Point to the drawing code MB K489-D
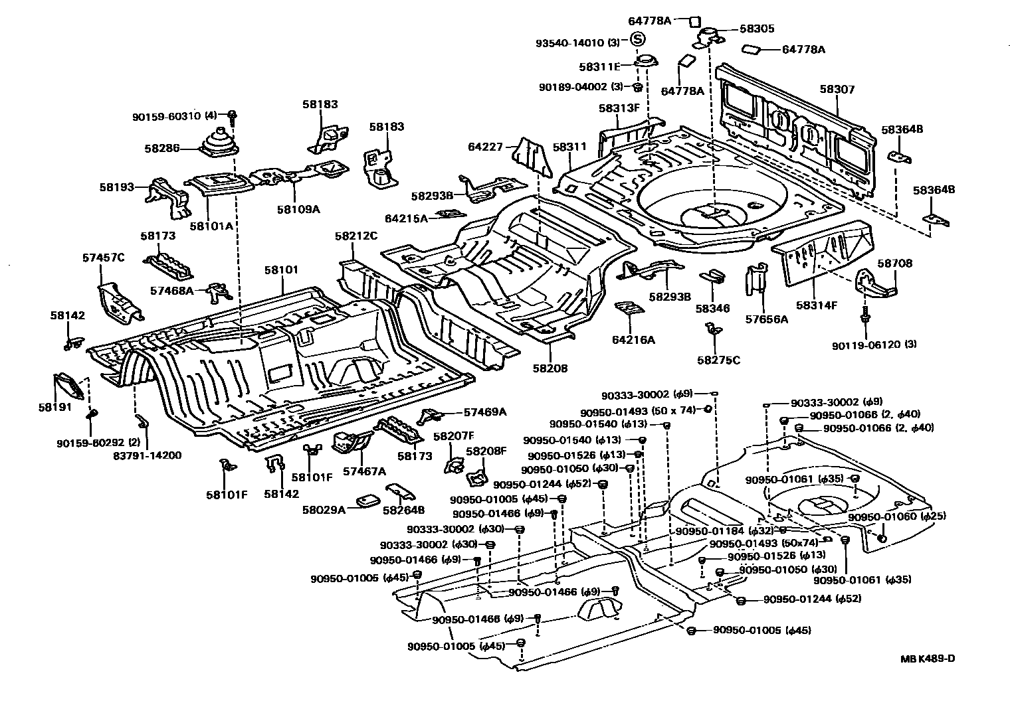pos(928,659)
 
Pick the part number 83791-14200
pos(148,455)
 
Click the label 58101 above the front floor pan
pos(281,270)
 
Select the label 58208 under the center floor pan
pos(550,368)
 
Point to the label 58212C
pos(355,236)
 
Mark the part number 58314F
pos(817,305)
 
